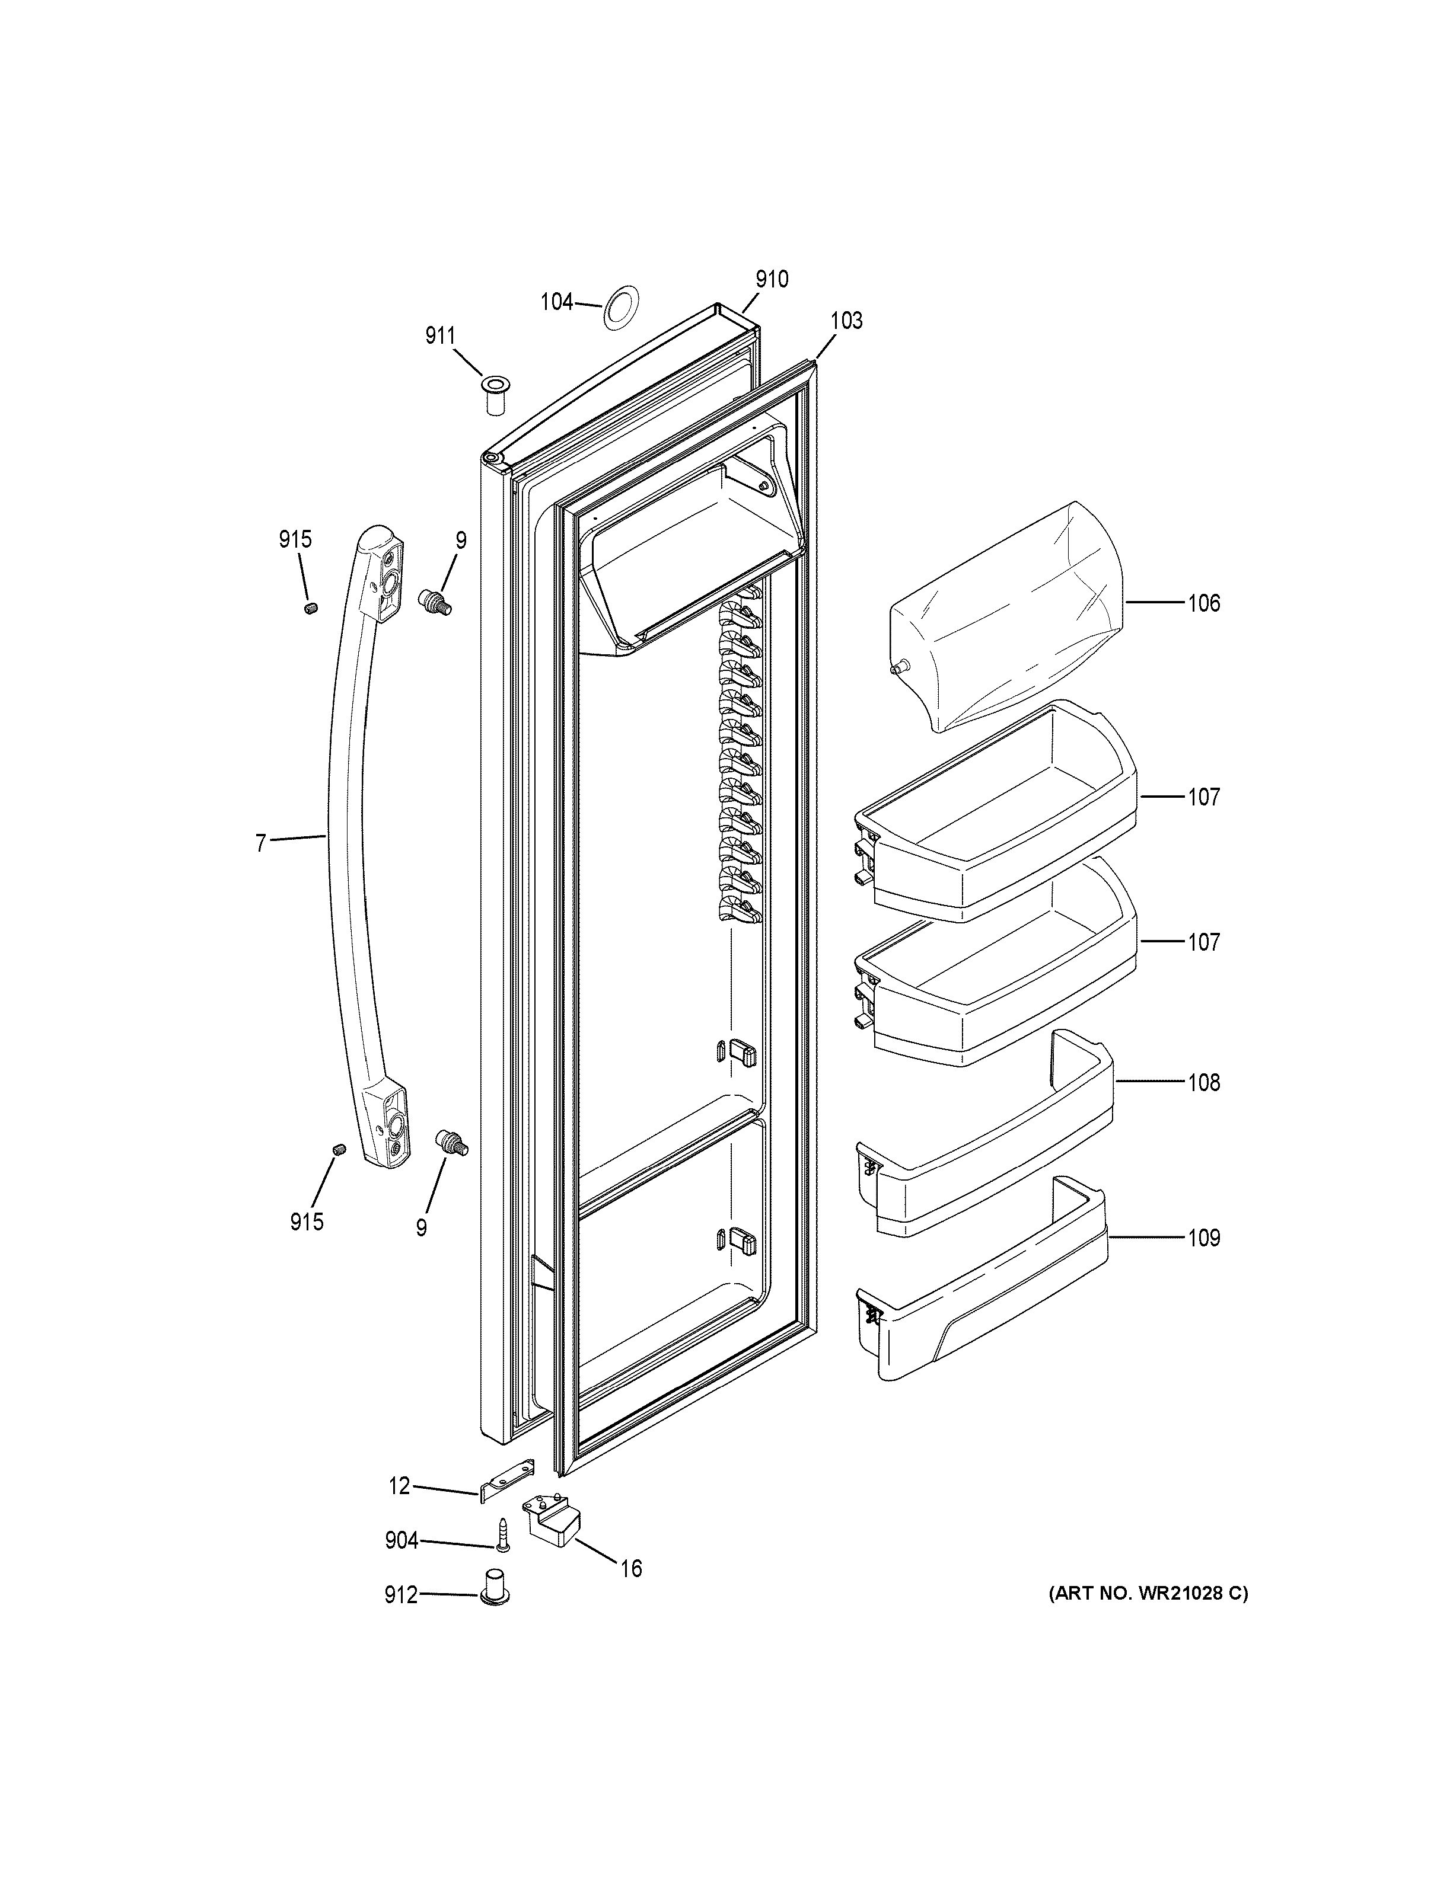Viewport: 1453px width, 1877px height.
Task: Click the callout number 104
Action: coord(556,302)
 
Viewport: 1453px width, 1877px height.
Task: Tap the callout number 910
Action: coord(771,279)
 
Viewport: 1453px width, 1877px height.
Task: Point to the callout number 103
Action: coord(846,321)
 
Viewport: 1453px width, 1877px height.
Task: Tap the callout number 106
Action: coord(1204,603)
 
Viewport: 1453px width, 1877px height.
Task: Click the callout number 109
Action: coord(1204,1239)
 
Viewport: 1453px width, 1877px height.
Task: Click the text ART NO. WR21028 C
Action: coord(1148,1593)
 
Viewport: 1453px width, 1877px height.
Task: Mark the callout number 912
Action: coord(401,1596)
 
